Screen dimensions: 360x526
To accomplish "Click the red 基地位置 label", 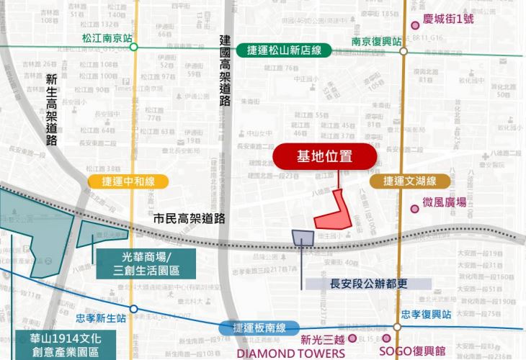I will (324, 156).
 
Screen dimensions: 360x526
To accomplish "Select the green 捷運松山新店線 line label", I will (277, 50).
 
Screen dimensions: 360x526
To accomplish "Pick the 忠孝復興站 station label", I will (427, 315).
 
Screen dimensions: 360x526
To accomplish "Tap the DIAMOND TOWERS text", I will (290, 353).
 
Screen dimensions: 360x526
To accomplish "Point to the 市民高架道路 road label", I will (190, 218).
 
